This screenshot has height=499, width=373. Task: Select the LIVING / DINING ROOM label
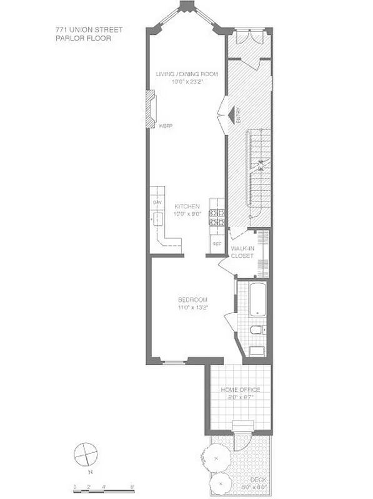(x=187, y=75)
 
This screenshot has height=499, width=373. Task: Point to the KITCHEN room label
(x=187, y=206)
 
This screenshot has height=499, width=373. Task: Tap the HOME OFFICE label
(x=240, y=390)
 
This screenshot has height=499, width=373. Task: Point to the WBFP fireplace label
(x=165, y=126)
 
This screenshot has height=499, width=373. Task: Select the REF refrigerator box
(x=217, y=244)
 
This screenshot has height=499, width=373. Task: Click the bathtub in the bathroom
(x=257, y=301)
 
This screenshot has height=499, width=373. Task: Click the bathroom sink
(x=256, y=351)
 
